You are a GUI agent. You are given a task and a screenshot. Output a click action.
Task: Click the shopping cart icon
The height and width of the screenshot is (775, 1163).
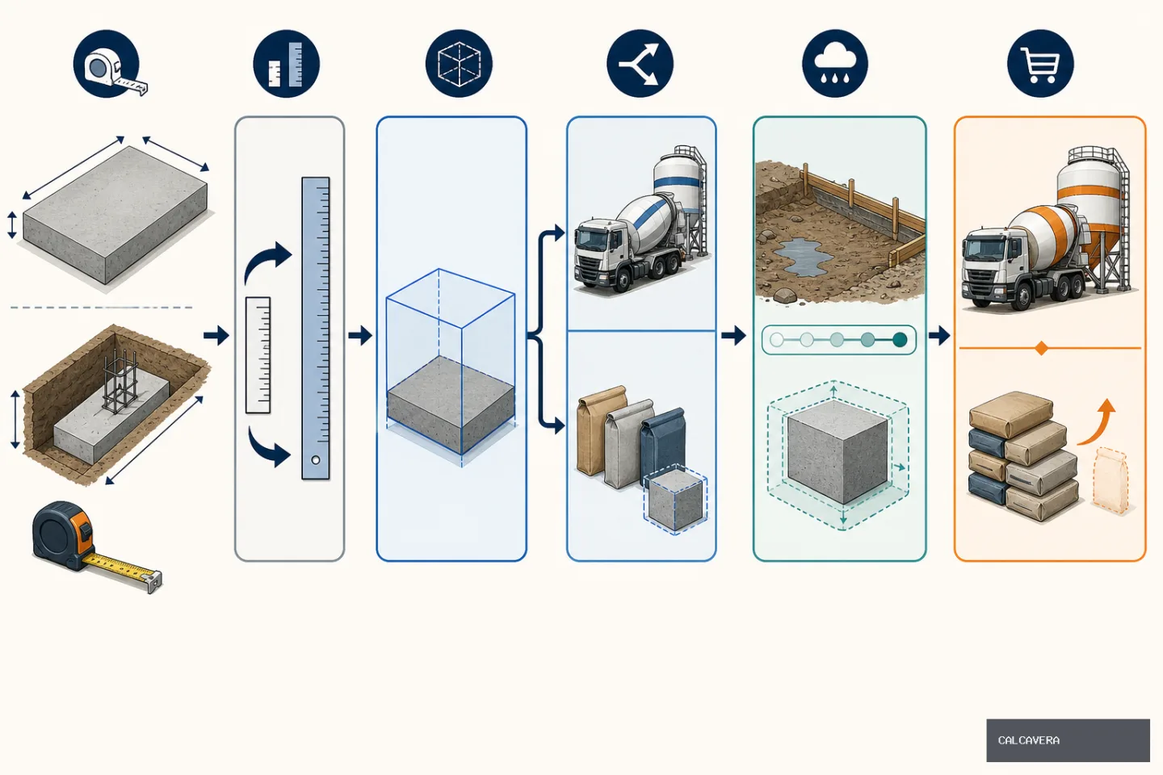tap(1040, 63)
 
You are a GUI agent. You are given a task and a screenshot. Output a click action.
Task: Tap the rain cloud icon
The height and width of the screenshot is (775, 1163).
tap(835, 63)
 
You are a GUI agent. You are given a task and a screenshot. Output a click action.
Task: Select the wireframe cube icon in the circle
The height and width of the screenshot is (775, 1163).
tap(459, 63)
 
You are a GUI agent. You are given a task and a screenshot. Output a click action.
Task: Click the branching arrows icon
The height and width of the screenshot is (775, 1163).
tap(640, 63)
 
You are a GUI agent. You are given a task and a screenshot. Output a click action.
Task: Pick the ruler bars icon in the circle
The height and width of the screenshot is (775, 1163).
tap(286, 63)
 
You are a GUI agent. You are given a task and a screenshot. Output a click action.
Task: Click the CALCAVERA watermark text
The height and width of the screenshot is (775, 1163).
tap(1029, 740)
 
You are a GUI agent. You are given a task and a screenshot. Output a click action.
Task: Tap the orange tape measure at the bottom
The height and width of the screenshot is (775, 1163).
tap(96, 545)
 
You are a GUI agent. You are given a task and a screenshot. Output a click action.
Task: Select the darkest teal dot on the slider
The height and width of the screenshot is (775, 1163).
tap(900, 340)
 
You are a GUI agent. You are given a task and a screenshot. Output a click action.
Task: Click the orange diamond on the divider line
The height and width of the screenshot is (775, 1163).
tap(1040, 348)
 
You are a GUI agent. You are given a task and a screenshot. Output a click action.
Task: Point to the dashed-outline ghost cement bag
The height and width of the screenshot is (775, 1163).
tap(1111, 480)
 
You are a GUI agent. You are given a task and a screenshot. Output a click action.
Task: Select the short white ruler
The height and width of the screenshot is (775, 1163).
tap(258, 355)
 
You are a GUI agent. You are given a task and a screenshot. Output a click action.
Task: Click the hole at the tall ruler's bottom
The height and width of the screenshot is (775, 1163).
tap(315, 460)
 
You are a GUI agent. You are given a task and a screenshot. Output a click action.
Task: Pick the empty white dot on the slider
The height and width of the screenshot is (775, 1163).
tap(777, 340)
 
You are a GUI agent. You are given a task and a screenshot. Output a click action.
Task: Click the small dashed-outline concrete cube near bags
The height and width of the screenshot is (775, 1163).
tap(675, 499)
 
